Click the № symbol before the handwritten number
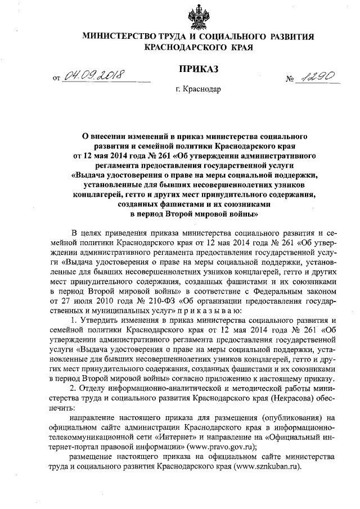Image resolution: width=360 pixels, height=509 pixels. click(290, 81)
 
